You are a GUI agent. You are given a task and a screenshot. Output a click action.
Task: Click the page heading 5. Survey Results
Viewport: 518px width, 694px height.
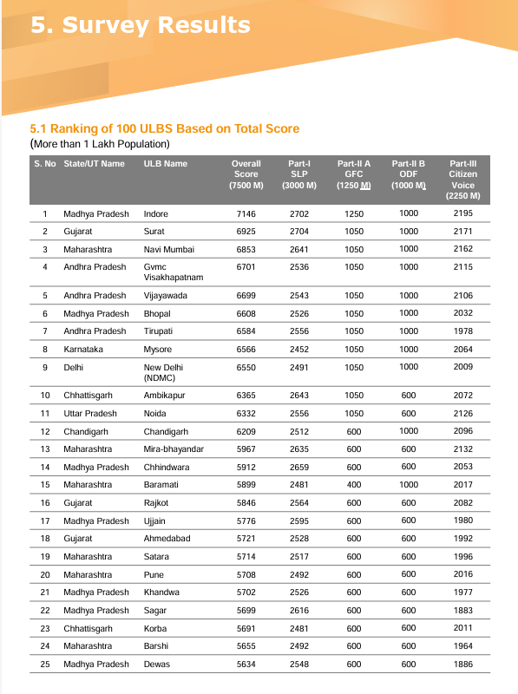[141, 25]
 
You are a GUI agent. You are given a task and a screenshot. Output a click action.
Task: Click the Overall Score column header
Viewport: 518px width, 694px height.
[246, 174]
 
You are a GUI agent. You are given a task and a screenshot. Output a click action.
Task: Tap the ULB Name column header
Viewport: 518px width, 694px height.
[165, 163]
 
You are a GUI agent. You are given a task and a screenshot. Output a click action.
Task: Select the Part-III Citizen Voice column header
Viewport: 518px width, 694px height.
[462, 180]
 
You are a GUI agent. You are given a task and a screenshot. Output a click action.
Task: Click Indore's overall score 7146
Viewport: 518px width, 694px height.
[246, 213]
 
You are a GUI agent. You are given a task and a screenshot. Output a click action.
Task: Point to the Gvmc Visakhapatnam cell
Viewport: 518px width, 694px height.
[173, 272]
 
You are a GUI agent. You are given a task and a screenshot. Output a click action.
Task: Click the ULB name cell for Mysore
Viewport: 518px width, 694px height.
[157, 349]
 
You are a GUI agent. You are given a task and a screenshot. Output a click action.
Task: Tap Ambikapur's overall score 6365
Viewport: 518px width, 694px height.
[246, 396]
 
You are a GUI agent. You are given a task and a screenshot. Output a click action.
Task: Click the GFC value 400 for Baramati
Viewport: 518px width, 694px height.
[353, 485]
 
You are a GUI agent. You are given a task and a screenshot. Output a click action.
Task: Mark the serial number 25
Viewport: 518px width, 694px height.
[44, 665]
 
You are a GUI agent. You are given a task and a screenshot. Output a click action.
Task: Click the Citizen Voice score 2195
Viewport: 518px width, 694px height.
[462, 213]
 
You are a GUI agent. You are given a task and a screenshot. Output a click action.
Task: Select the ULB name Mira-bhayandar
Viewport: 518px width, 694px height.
[174, 449]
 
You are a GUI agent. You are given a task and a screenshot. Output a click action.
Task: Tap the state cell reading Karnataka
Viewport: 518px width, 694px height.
[84, 349]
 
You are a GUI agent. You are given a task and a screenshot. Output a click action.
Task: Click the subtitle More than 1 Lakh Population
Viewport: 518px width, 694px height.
[101, 143]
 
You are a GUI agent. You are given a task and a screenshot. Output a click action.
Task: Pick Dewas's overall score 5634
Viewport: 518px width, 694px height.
[246, 665]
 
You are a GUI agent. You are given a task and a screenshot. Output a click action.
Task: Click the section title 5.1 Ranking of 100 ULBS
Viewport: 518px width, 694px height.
[165, 128]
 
